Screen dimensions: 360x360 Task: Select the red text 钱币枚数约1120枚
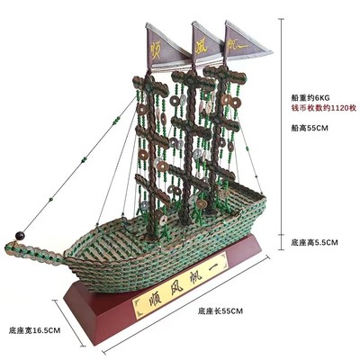(324, 108)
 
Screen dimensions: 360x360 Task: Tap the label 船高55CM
(310, 128)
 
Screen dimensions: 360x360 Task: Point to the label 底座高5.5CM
(314, 242)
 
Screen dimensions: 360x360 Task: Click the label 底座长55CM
(220, 311)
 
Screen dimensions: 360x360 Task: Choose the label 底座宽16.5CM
(34, 330)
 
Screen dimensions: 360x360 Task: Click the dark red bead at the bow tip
(21, 236)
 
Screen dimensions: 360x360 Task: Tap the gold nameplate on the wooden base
(180, 285)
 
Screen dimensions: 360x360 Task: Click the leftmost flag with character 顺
(165, 48)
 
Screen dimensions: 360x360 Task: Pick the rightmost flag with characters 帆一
(245, 40)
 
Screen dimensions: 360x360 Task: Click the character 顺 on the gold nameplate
(153, 301)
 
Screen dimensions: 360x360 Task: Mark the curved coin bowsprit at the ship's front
(34, 253)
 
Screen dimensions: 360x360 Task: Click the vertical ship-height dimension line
(281, 134)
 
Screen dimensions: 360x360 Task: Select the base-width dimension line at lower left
(69, 322)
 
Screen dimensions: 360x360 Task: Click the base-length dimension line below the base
(185, 303)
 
